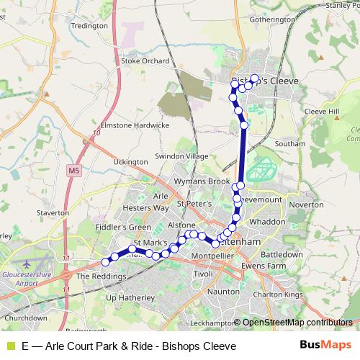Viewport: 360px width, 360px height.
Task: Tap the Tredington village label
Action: coord(89,25)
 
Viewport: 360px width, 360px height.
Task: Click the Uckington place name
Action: coord(130,162)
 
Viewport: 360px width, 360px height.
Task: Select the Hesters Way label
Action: coord(146,207)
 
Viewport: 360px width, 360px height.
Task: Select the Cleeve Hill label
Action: coord(320,112)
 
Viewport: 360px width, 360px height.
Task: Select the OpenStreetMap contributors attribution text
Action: coord(297,323)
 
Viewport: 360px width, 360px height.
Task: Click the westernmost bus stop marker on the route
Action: coord(107,261)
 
